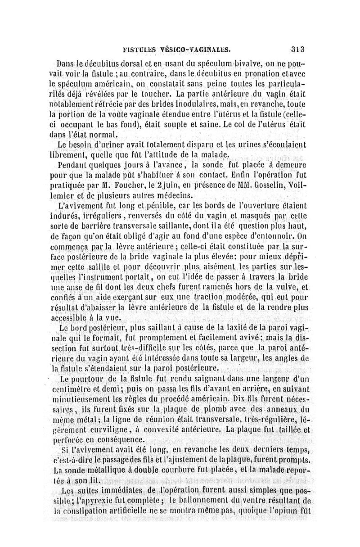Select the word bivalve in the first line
(243, 63)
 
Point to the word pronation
(260, 73)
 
